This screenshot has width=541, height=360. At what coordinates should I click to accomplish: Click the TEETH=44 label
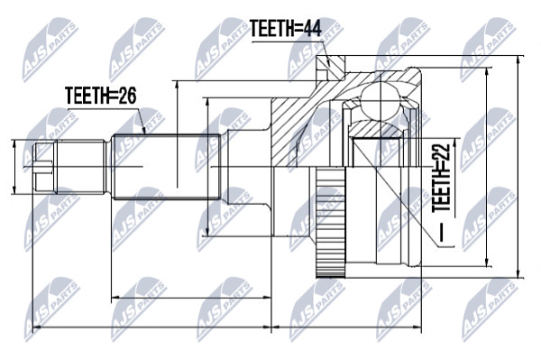click(286, 28)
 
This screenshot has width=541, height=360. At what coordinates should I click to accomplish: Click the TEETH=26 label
click(101, 96)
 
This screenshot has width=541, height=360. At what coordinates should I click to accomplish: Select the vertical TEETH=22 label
click(441, 178)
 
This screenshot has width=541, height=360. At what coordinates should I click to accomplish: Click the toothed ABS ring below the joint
click(331, 223)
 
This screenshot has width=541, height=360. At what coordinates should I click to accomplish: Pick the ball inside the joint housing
click(381, 100)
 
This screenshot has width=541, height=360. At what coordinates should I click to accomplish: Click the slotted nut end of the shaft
click(44, 167)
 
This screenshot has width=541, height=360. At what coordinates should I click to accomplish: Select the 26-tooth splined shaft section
click(166, 167)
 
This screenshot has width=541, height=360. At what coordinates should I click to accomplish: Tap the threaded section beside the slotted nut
click(80, 167)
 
